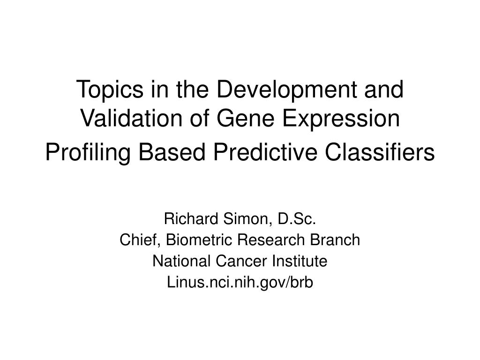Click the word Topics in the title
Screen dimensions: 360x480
(x=104, y=90)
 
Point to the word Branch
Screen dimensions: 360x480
(x=335, y=240)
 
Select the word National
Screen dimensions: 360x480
(x=175, y=262)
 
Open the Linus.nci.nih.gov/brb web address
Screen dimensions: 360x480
(x=240, y=283)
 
